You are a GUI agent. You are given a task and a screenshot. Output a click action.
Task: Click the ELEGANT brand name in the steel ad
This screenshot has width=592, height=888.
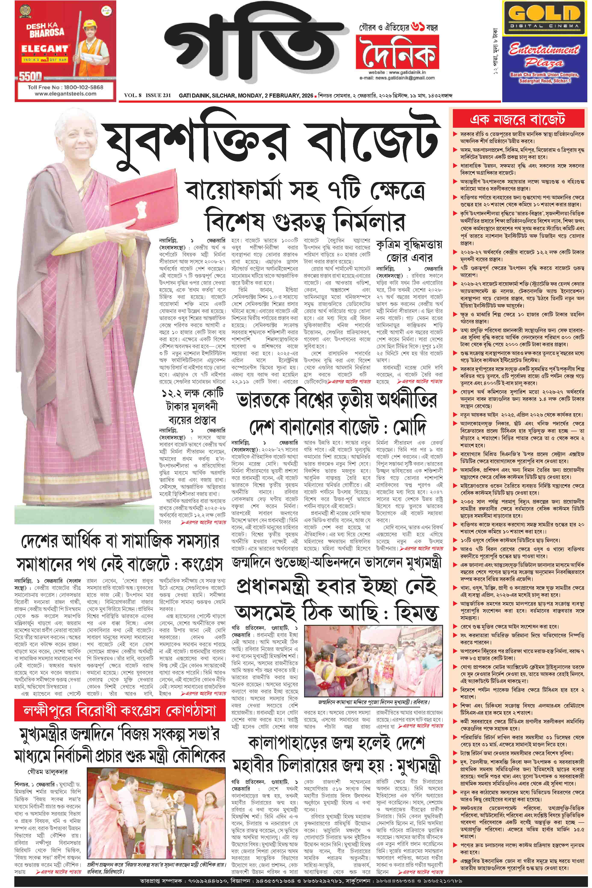click(x=44, y=49)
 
